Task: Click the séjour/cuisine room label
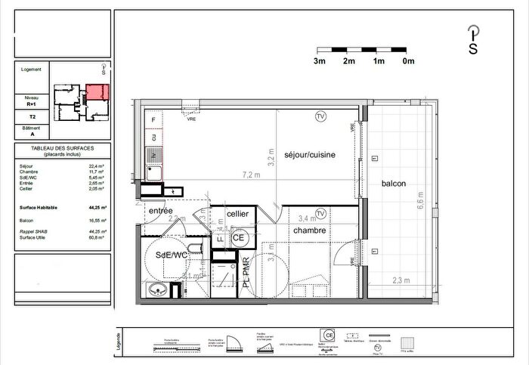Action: point(310,154)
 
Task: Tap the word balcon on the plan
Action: point(393,184)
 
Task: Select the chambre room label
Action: point(309,230)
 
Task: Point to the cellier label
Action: point(238,214)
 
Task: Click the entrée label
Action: point(160,210)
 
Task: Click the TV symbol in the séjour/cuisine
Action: point(320,116)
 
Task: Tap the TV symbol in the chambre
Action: point(320,214)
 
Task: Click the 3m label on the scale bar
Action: point(320,60)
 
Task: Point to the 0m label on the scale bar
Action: point(408,60)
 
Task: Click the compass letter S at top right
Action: point(473,50)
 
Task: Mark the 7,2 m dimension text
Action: point(250,175)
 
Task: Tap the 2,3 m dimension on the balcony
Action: point(402,280)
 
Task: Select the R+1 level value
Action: point(32,104)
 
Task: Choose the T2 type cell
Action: point(32,117)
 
